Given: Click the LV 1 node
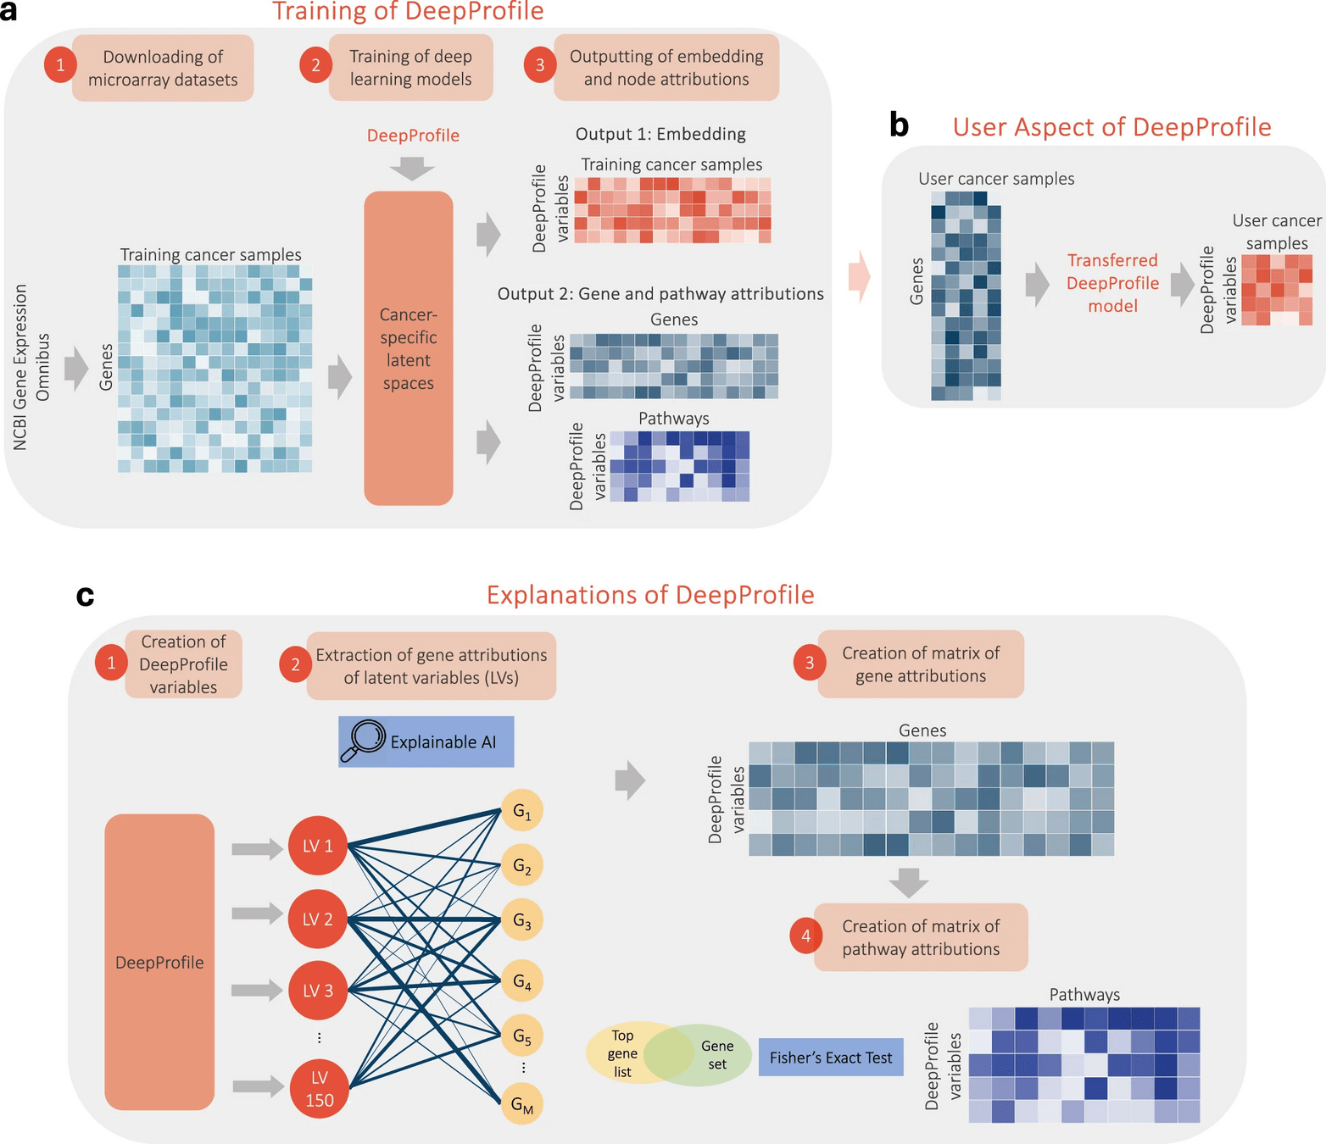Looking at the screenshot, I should point(318,846).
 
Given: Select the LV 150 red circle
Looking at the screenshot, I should point(319,1089).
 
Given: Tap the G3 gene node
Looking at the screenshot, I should point(522,920).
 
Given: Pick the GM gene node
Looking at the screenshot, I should point(522,1103).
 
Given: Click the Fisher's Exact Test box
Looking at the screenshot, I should point(831,1058).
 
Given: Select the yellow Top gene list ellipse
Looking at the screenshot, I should point(622,1052).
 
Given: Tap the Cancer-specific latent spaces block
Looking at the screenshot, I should point(409,348).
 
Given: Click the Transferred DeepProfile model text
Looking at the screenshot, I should point(1112,283).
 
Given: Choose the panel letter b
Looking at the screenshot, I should point(899,125).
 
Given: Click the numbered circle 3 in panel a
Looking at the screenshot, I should point(540,65).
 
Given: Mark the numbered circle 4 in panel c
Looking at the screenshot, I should point(805,936).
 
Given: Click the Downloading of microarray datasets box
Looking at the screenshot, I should point(163,68).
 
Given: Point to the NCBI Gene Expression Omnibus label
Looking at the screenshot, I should point(31,366).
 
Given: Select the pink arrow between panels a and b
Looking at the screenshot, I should point(859,276).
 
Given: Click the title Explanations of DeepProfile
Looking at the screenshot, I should point(650,595).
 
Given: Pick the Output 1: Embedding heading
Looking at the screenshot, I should point(660,134).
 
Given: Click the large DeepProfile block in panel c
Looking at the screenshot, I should point(159,962).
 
